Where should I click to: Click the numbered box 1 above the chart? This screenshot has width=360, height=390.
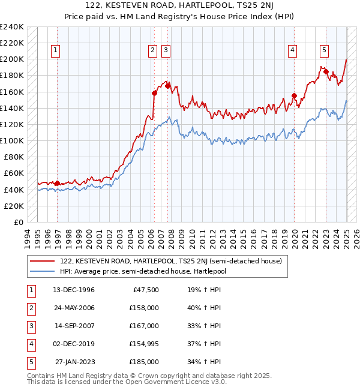pyautogui.click(x=55, y=51)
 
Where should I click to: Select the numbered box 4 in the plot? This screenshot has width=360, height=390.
pyautogui.click(x=293, y=51)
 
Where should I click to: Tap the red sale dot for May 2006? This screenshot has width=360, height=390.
pyautogui.click(x=154, y=93)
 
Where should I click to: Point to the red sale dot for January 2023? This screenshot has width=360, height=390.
pyautogui.click(x=326, y=71)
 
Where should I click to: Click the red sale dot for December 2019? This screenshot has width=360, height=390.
pyautogui.click(x=295, y=95)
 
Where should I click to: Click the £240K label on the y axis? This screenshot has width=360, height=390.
pyautogui.click(x=12, y=27)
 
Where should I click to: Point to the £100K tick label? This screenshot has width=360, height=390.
pyautogui.click(x=12, y=140)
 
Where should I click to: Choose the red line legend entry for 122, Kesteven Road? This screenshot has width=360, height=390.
pyautogui.click(x=175, y=261)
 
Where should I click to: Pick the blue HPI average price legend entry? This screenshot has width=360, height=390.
pyautogui.click(x=151, y=271)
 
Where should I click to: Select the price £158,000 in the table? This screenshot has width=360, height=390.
pyautogui.click(x=144, y=308)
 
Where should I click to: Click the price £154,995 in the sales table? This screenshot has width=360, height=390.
pyautogui.click(x=144, y=344)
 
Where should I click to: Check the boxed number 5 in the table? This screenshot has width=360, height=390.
pyautogui.click(x=30, y=362)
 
